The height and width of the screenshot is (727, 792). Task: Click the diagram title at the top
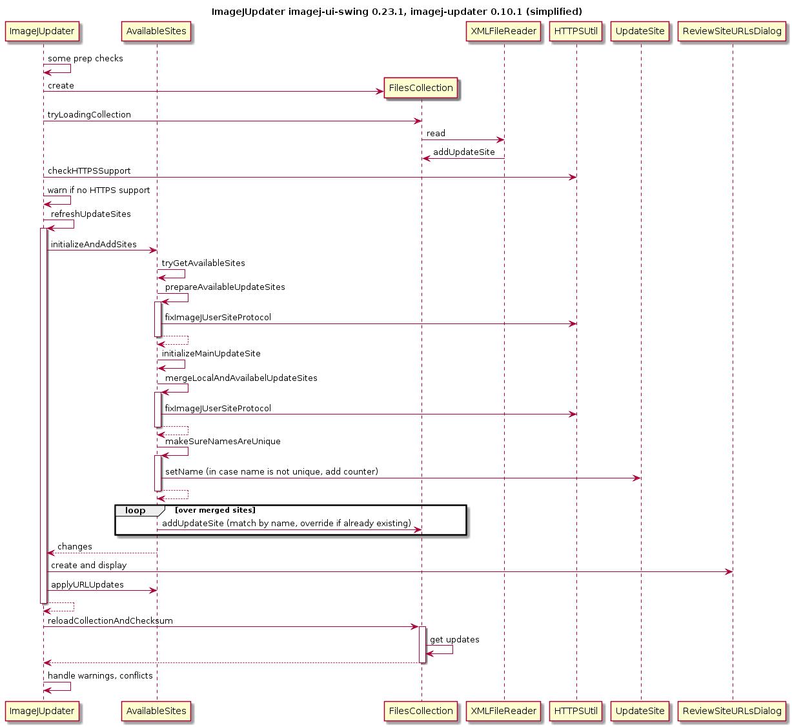click(396, 12)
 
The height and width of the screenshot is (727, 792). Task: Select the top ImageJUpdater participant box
click(42, 31)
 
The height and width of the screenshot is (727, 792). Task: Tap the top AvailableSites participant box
click(156, 31)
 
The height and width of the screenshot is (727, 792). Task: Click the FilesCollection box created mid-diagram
click(420, 88)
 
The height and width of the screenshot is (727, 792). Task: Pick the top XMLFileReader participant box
click(503, 31)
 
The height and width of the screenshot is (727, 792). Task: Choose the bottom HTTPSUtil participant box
click(576, 711)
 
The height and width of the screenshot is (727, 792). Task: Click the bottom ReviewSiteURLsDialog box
click(732, 711)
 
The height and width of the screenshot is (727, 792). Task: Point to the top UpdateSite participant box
click(640, 31)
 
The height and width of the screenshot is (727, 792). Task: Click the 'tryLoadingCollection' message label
click(89, 114)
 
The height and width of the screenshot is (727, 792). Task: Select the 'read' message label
click(436, 134)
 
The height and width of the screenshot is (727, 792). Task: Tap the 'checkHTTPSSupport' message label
click(89, 170)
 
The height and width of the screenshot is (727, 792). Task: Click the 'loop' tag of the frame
click(135, 511)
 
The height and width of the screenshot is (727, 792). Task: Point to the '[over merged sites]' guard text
click(215, 510)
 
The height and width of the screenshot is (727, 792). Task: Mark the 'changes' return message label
click(75, 546)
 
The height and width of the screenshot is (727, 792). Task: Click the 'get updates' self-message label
click(454, 639)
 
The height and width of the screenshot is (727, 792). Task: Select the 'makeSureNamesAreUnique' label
click(223, 442)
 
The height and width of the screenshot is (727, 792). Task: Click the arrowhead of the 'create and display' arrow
click(729, 572)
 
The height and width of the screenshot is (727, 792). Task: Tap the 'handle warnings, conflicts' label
click(100, 675)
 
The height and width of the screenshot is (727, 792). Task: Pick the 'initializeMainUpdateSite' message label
click(211, 354)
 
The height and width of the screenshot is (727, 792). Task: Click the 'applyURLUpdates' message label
click(87, 585)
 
